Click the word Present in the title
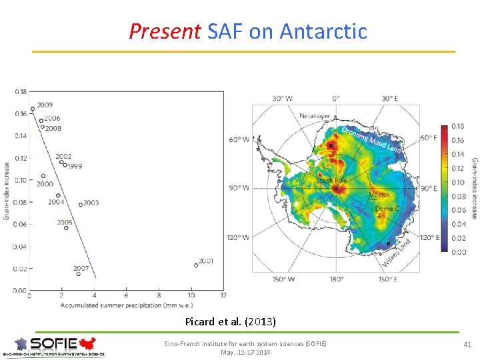coord(165,31)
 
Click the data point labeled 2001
coord(196,265)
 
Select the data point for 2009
coord(32,109)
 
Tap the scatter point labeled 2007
coord(79,274)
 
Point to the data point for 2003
coord(81,205)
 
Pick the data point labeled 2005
coord(66,228)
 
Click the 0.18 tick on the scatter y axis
coord(20,91)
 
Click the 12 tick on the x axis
coord(223,296)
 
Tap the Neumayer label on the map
coord(315,116)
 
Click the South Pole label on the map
coord(332,181)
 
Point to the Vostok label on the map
coord(381,195)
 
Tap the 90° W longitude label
coord(239,188)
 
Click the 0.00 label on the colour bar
coord(459,252)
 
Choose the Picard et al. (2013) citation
coord(231,321)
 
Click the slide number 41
coord(467,344)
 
